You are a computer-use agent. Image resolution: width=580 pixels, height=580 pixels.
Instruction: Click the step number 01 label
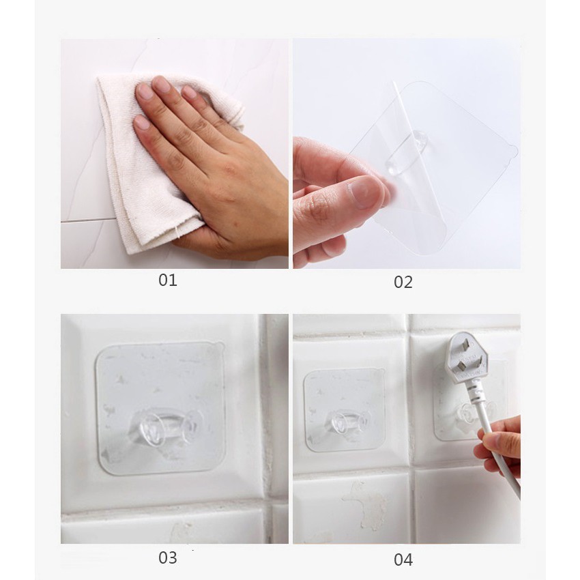coord(168,280)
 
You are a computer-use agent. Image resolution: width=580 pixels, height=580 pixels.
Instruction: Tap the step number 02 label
coord(403,282)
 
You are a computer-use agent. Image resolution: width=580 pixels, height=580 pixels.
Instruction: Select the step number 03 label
coord(168,557)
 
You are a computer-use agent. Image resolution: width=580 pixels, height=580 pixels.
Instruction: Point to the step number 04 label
coord(403,560)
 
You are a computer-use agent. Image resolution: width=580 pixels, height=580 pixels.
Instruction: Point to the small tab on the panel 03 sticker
coord(218,346)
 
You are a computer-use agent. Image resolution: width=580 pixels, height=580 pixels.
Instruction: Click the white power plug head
coord(466,358)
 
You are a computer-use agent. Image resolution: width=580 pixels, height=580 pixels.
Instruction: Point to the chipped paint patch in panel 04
coord(364,503)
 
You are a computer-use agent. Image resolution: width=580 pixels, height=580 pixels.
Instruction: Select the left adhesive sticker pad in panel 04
coord(345,410)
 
